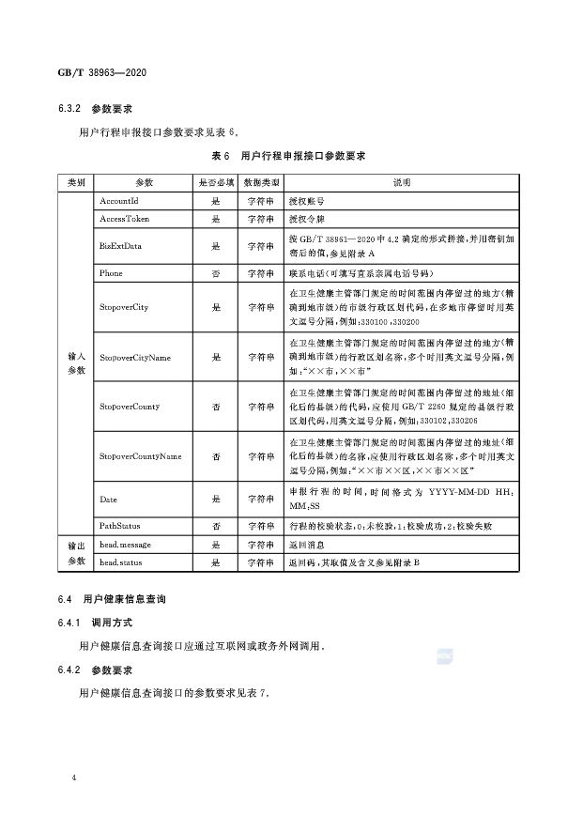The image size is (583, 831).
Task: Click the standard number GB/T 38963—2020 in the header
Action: (x=104, y=73)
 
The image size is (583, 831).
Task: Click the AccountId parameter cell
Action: (x=118, y=201)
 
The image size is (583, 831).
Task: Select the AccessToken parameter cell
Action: (x=124, y=219)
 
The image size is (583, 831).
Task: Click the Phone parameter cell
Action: (x=111, y=273)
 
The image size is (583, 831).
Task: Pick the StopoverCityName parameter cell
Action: (x=133, y=357)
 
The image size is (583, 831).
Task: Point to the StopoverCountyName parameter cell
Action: (x=140, y=456)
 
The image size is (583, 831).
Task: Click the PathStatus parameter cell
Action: (x=119, y=526)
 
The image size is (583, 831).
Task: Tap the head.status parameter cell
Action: (x=121, y=562)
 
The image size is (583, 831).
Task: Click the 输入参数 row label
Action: (x=76, y=363)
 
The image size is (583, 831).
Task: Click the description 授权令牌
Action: (x=307, y=219)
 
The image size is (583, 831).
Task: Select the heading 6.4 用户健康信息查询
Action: (x=123, y=598)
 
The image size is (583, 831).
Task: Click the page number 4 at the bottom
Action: (x=74, y=778)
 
